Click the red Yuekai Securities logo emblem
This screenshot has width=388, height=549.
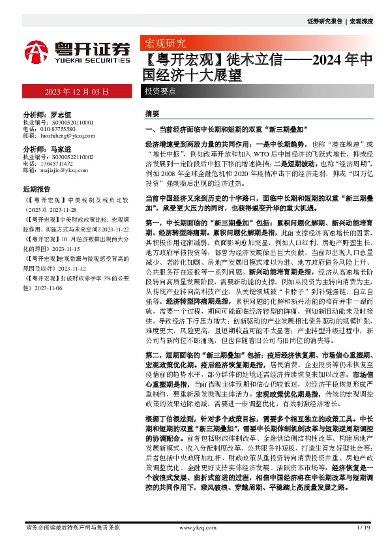coord(37,50)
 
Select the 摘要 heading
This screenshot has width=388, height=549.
coord(152,113)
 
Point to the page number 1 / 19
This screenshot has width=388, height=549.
coord(364,527)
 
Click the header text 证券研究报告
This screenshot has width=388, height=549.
coord(324,22)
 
